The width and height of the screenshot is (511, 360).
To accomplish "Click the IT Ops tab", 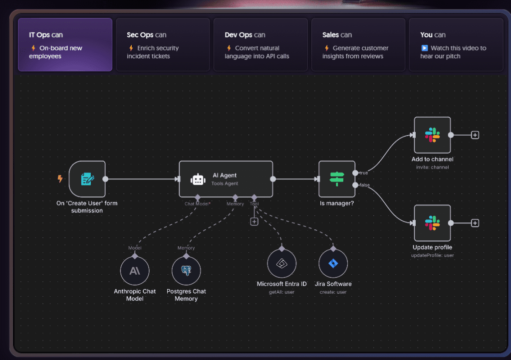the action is pos(65,44).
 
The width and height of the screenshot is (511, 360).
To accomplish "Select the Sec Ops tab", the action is pos(163,44).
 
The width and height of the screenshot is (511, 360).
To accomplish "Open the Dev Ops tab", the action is pos(260,44).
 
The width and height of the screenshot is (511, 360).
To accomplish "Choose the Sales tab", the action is pos(358,44).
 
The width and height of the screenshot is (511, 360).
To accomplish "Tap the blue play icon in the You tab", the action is pos(424,48).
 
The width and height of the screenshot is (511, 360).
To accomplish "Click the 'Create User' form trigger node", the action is pos(87,179).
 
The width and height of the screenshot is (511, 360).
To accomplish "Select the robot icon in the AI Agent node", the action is pos(198,180).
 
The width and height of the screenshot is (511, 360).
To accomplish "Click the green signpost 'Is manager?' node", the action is pos(337,179).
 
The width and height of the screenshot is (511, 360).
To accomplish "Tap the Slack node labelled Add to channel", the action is pos(432,135).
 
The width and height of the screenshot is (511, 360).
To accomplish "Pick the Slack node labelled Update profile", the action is pos(432,223).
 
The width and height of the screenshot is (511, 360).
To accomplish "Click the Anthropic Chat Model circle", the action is pos(135,271).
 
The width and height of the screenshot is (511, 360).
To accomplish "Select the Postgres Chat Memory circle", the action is pos(186,271).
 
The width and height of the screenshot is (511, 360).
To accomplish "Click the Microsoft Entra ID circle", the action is pos(281,263).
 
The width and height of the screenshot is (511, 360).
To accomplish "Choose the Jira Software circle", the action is pos(333,263).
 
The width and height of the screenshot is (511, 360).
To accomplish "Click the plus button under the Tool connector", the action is pos(254,222).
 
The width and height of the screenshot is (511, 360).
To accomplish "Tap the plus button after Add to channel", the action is pos(475,135).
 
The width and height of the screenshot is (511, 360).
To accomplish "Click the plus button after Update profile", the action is pos(475,223).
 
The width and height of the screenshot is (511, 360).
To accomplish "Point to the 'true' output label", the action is pos(364,173).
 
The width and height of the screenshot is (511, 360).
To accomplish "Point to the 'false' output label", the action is pos(365,185).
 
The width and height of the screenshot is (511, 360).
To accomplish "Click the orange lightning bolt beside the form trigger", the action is pos(60,179).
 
